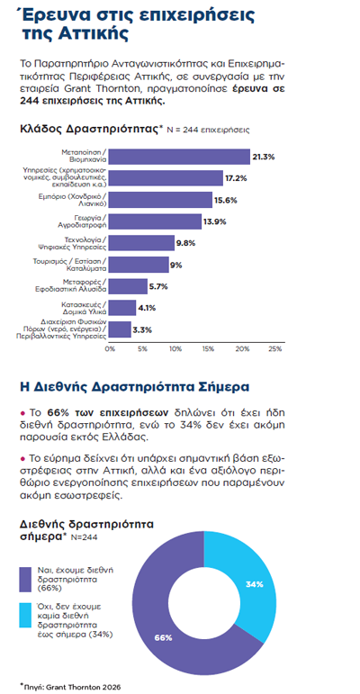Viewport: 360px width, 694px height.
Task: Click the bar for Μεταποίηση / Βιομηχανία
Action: click(179, 157)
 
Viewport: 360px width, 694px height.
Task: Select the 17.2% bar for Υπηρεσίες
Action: click(166, 178)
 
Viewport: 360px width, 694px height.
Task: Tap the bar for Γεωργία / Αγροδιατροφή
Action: click(155, 221)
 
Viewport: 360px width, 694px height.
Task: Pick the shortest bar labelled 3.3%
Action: click(120, 329)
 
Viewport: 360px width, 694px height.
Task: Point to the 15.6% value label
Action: click(226, 200)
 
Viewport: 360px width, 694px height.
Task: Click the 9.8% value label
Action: click(185, 243)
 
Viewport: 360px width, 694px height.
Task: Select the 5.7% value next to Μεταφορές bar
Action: click(158, 286)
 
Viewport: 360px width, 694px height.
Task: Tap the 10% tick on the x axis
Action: click(175, 348)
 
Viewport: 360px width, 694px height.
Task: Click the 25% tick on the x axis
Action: click(275, 348)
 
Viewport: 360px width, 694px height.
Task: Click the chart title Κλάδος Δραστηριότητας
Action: click(89, 129)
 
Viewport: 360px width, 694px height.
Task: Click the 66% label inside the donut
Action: click(163, 638)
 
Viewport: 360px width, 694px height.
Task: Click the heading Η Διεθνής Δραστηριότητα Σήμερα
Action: click(135, 387)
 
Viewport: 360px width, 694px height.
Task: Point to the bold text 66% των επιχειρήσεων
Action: click(108, 412)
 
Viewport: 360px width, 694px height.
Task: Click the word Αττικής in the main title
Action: click(83, 34)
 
